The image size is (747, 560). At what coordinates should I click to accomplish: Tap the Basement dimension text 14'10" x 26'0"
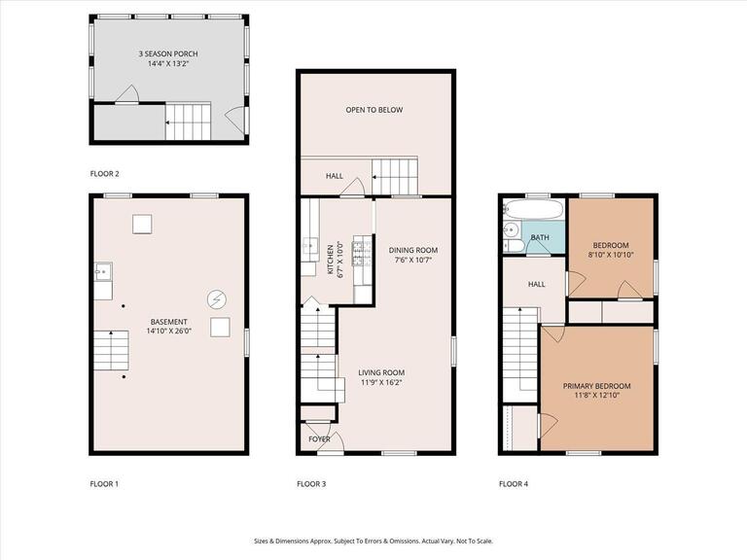[x=169, y=332]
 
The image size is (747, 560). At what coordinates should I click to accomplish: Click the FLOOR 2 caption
[x=104, y=173]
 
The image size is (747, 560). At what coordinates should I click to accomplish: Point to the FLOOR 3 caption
[x=311, y=483]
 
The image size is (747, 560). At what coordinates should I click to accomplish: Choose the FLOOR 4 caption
[x=514, y=483]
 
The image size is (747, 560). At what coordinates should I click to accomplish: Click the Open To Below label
[x=373, y=110]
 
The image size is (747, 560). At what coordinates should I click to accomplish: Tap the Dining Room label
[x=413, y=250]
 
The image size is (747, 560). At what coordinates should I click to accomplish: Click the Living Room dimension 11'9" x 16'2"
[x=381, y=383]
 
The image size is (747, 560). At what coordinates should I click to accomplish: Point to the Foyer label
[x=319, y=439]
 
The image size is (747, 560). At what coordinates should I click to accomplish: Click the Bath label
[x=540, y=237]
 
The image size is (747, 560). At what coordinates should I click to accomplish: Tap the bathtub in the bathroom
[x=533, y=209]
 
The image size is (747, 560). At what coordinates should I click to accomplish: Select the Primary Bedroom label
[x=596, y=385]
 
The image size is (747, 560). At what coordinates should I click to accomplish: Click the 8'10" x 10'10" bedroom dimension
[x=610, y=255]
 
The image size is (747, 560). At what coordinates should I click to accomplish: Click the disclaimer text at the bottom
[x=373, y=541]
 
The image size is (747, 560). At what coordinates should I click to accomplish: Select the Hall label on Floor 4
[x=537, y=284]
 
